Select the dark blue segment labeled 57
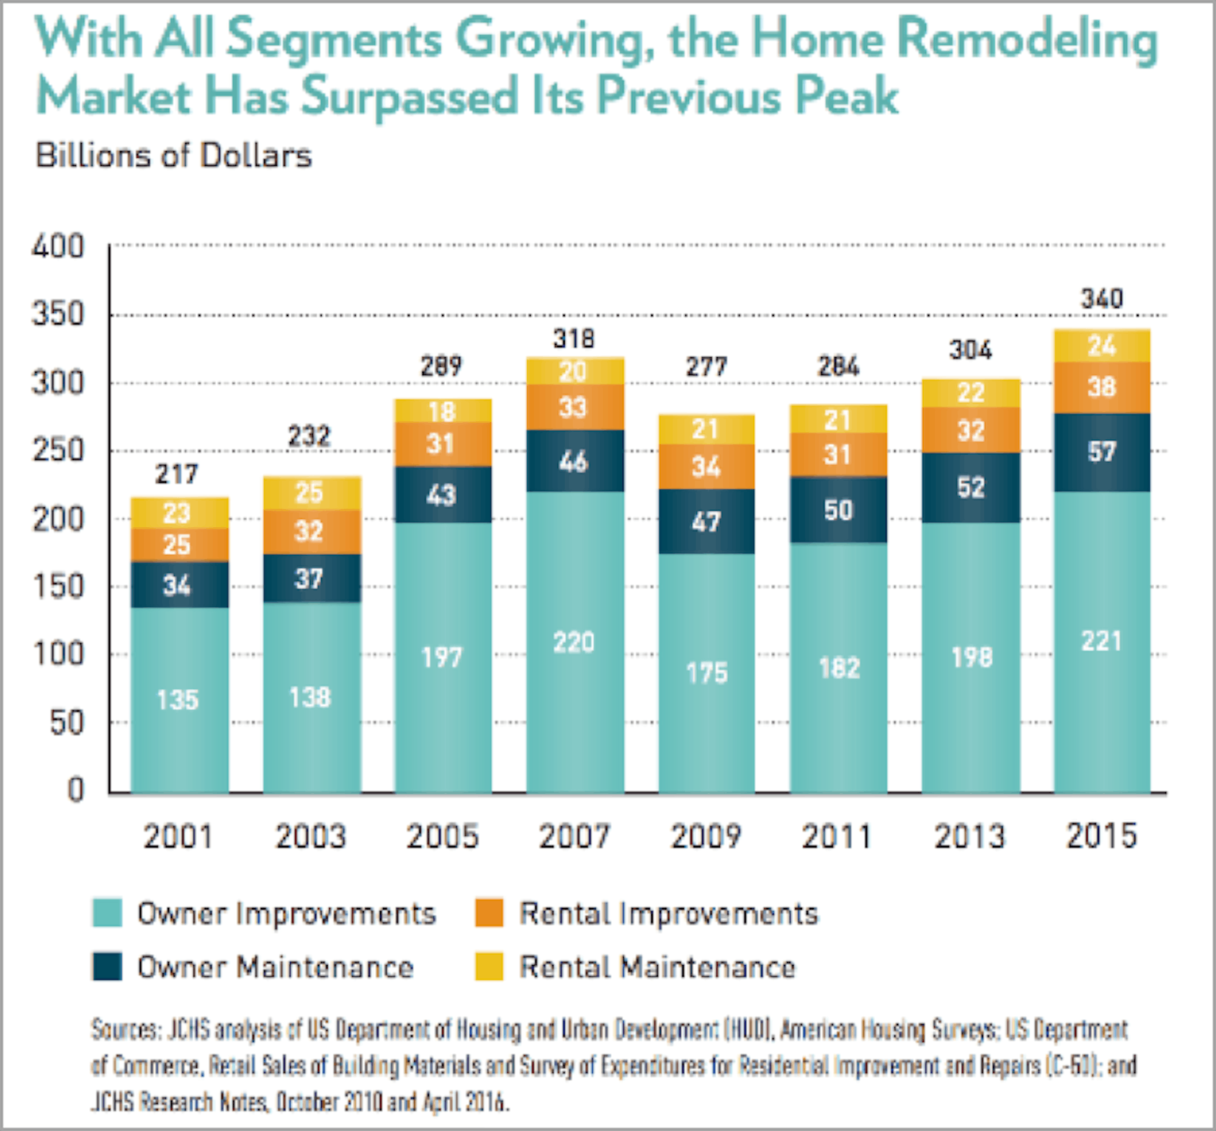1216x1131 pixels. pyautogui.click(x=1102, y=452)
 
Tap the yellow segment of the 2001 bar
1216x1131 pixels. pyautogui.click(x=180, y=513)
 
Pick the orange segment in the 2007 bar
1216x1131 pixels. pyautogui.click(x=575, y=407)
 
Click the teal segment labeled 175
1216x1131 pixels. pyautogui.click(x=706, y=673)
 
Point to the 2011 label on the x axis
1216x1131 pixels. pyautogui.click(x=837, y=836)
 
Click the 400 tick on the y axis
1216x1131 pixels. pyautogui.click(x=57, y=247)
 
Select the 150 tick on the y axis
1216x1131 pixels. pyautogui.click(x=57, y=587)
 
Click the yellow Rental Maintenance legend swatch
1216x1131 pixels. pyautogui.click(x=489, y=967)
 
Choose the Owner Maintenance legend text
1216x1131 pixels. pyautogui.click(x=275, y=967)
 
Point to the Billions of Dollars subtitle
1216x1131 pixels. pyautogui.click(x=174, y=155)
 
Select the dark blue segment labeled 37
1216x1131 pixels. pyautogui.click(x=312, y=578)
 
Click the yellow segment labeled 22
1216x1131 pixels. pyautogui.click(x=971, y=393)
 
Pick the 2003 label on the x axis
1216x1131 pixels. pyautogui.click(x=311, y=836)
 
